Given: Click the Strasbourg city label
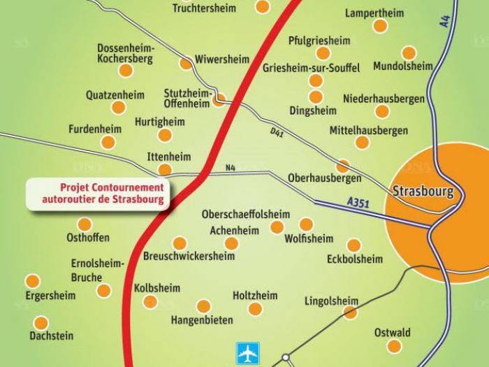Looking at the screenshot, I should [423, 191].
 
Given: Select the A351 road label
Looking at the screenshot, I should [357, 203].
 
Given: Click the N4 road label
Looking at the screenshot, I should [231, 168].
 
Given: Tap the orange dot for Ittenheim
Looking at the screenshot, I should [164, 170].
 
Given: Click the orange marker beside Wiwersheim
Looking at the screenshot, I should [186, 64].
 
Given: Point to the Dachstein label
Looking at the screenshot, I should [51, 336].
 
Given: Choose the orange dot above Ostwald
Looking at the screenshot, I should [394, 347].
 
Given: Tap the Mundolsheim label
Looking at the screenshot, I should [403, 66].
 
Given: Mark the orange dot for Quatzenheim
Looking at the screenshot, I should [119, 107].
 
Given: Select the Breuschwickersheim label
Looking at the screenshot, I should [189, 257].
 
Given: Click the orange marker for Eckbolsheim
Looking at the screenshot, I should [354, 245].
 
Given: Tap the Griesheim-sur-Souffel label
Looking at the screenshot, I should [312, 68].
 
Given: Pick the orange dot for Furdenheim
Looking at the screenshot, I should [108, 143].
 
